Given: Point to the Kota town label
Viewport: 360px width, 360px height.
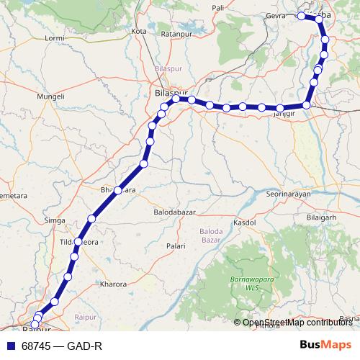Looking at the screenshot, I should (140, 32).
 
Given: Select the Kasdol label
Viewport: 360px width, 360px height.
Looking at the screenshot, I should (246, 223).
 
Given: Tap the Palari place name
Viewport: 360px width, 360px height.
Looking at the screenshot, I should (176, 246).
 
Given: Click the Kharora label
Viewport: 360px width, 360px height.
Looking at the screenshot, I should (114, 284).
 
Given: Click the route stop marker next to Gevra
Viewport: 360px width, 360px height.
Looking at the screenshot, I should (301, 16).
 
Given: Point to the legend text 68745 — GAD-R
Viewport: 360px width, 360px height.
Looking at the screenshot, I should (62, 346).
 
